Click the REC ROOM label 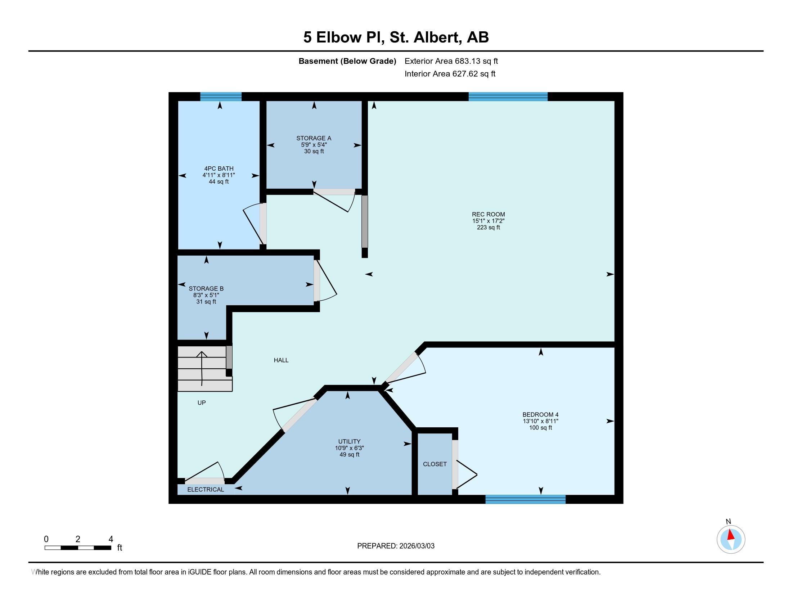(x=488, y=214)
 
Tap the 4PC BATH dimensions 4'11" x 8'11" (x=219, y=175)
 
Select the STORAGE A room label (x=314, y=138)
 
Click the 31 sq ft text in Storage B (x=206, y=302)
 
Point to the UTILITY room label (x=349, y=441)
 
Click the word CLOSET (x=435, y=464)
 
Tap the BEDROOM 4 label (x=540, y=414)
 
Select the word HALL (x=281, y=360)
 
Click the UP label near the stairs (x=202, y=402)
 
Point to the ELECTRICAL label (x=206, y=490)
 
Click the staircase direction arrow (x=202, y=368)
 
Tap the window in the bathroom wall (x=221, y=96)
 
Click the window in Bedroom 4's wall (x=526, y=499)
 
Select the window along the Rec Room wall (x=508, y=96)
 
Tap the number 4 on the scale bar (x=111, y=539)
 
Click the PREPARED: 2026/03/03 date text (x=396, y=546)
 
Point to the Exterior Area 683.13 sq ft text (x=451, y=61)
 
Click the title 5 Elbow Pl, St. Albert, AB (x=396, y=37)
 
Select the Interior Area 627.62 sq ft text (x=450, y=73)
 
